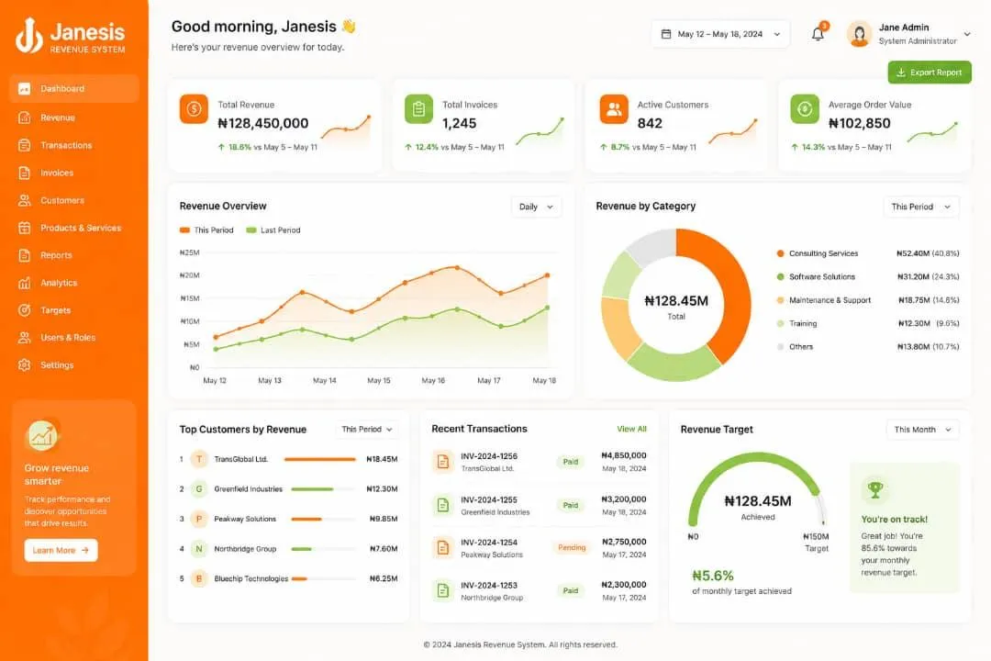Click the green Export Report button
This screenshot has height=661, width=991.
click(929, 73)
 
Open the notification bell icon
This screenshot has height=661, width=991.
click(818, 34)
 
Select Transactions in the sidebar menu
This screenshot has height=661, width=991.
click(66, 145)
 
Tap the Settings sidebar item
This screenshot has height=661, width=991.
click(57, 365)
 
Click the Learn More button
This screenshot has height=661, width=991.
click(61, 550)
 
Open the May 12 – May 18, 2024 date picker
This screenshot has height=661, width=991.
click(720, 34)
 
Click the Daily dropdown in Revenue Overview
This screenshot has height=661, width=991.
click(536, 207)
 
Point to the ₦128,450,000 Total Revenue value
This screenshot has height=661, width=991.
click(263, 123)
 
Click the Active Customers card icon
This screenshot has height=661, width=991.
click(614, 109)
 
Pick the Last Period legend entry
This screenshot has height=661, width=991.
click(273, 230)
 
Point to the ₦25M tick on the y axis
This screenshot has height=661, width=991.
click(190, 252)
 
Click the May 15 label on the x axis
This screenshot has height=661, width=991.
click(379, 381)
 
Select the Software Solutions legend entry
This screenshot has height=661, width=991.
click(821, 277)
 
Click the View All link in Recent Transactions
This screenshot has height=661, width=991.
click(631, 429)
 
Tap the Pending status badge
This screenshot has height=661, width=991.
click(572, 548)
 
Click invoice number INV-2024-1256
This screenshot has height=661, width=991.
click(488, 456)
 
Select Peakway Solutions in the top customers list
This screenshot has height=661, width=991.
click(245, 519)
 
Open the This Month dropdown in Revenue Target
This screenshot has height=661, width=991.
click(922, 430)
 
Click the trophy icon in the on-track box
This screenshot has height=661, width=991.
click(875, 489)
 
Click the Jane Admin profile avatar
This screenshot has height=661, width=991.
click(860, 34)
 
